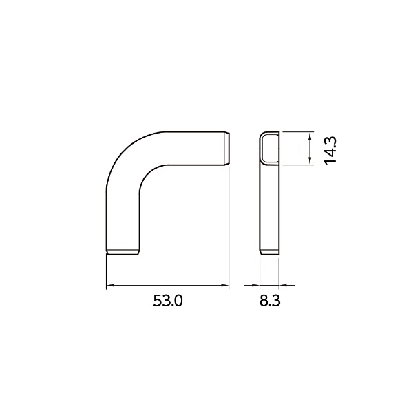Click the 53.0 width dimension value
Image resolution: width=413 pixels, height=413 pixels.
point(167,301)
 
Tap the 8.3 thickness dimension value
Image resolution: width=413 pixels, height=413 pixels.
point(271,301)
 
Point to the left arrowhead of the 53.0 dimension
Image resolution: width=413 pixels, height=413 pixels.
point(109,285)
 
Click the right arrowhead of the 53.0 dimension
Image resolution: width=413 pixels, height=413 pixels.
point(224,285)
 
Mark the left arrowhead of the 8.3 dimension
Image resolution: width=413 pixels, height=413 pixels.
point(256,285)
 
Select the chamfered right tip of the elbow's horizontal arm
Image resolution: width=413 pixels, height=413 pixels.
point(226,147)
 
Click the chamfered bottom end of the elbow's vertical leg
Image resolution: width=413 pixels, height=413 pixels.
point(125,252)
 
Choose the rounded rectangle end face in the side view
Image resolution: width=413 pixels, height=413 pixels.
point(270,149)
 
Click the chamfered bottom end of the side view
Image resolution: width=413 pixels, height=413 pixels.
point(270,251)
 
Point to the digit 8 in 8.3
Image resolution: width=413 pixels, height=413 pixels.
point(264,301)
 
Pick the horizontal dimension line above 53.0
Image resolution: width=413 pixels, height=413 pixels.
point(167,285)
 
